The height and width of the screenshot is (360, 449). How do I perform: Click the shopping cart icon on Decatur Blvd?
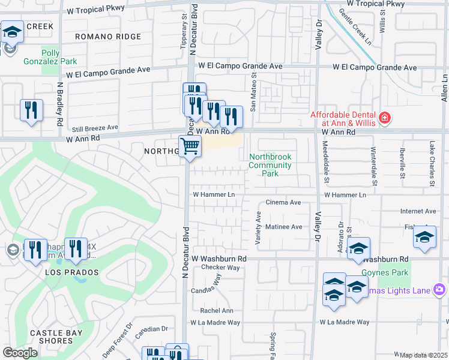coord(190,145)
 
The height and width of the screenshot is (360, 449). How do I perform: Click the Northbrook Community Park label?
coord(270,165)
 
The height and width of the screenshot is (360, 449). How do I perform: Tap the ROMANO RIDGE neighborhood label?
coord(108,37)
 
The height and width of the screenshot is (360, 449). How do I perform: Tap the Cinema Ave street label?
coord(283,203)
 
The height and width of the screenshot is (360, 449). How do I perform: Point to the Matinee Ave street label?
coord(284,227)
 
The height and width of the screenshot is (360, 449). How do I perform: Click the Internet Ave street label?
coord(418,211)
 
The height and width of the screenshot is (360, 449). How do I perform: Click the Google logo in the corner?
coord(20,353)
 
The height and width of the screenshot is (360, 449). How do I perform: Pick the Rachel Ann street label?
coord(217,310)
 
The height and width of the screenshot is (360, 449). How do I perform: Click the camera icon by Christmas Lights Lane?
coord(439,290)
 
